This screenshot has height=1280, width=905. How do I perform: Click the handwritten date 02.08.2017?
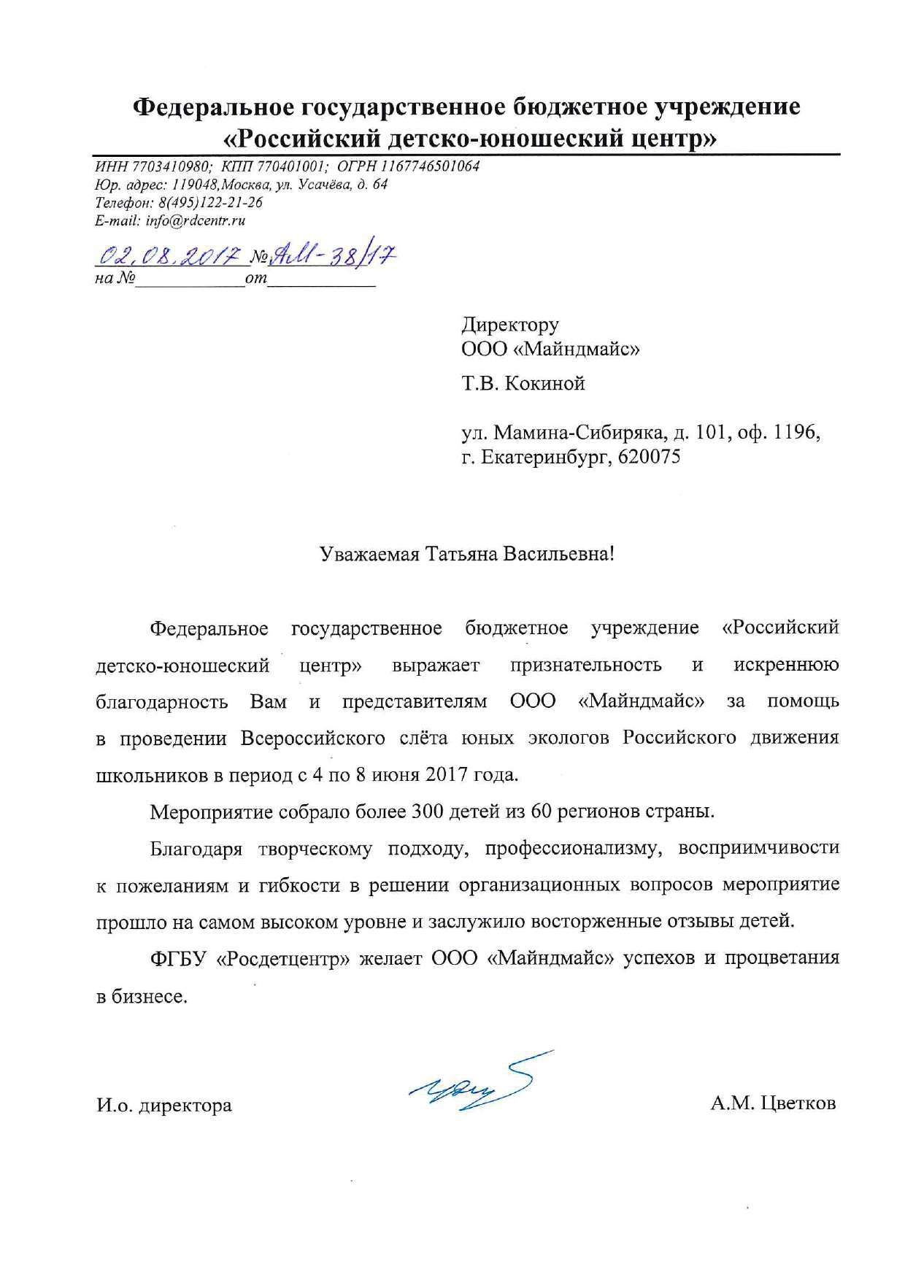[x=169, y=255]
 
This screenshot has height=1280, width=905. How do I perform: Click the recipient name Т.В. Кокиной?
[x=523, y=384]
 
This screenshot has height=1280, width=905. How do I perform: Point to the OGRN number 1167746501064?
[x=428, y=166]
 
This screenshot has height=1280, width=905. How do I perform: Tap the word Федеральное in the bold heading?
[x=212, y=107]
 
